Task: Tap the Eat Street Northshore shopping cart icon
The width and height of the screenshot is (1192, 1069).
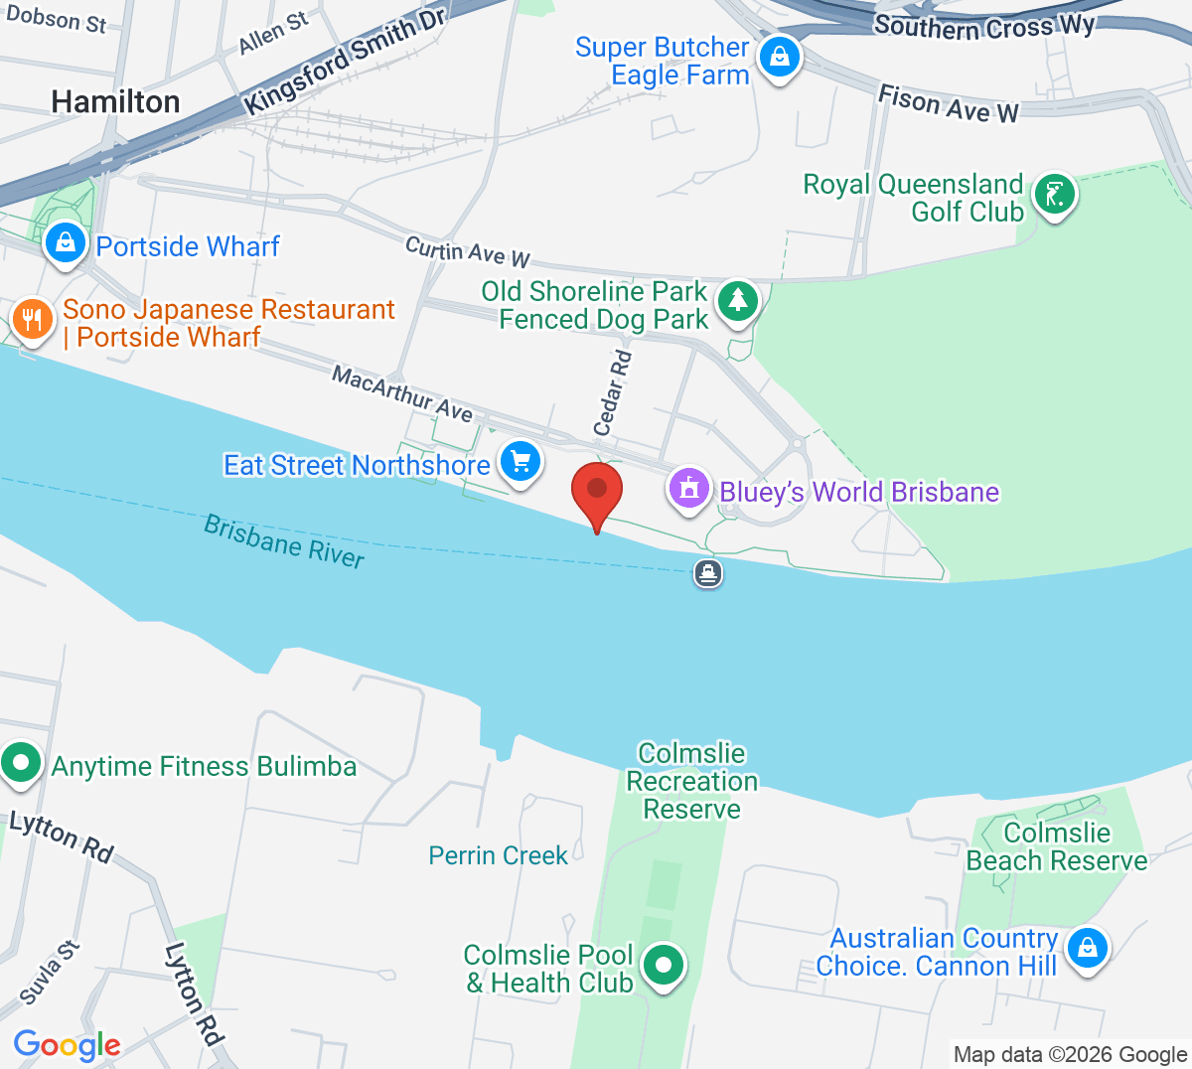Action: pyautogui.click(x=521, y=462)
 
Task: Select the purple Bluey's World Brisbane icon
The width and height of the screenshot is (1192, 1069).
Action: pyautogui.click(x=689, y=489)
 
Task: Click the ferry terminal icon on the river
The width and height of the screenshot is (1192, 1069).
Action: pyautogui.click(x=707, y=573)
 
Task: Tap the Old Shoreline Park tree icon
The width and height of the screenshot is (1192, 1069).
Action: pyautogui.click(x=737, y=299)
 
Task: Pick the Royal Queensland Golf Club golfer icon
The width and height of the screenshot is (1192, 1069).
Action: pyautogui.click(x=1054, y=194)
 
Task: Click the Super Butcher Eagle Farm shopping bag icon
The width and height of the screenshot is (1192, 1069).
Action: pyautogui.click(x=780, y=57)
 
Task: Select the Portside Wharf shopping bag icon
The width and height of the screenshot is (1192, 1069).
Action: pyautogui.click(x=66, y=242)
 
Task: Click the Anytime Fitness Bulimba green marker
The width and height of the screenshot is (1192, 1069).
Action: pyautogui.click(x=21, y=764)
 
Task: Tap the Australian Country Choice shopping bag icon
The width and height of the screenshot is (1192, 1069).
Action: pyautogui.click(x=1088, y=948)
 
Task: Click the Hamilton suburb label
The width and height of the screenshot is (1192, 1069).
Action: pyautogui.click(x=115, y=101)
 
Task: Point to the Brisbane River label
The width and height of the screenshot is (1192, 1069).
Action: pyautogui.click(x=284, y=541)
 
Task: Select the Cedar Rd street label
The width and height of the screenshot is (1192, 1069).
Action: pyautogui.click(x=612, y=392)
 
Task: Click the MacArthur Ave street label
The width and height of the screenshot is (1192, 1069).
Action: pyautogui.click(x=402, y=393)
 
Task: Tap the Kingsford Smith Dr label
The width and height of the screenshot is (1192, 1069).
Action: pyautogui.click(x=344, y=62)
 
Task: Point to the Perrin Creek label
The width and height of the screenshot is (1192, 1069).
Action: pyautogui.click(x=498, y=855)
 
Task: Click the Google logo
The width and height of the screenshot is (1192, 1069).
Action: pyautogui.click(x=67, y=1045)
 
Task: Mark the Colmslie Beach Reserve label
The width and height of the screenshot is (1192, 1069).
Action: pyautogui.click(x=1057, y=846)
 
